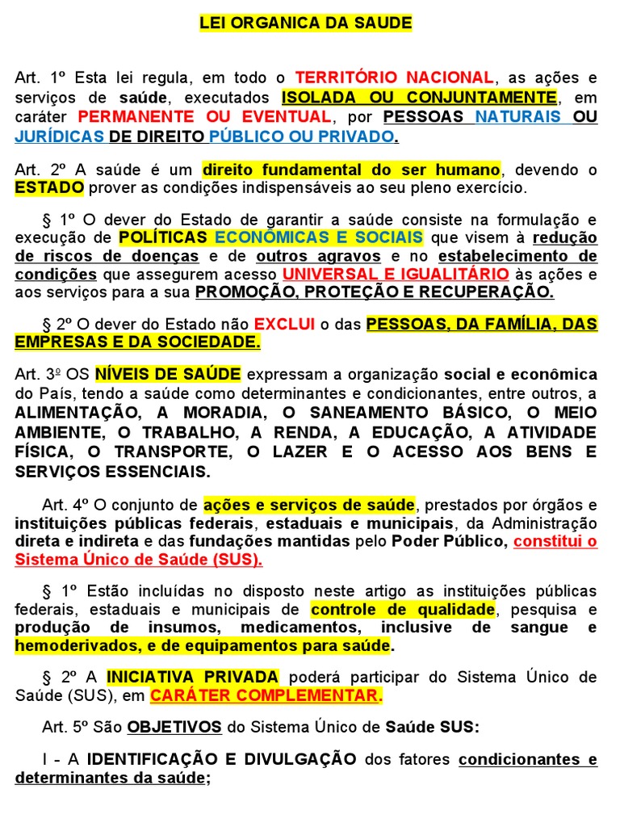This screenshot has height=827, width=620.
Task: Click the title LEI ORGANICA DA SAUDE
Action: tap(306, 23)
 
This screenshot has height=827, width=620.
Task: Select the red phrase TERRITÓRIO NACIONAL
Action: tap(395, 78)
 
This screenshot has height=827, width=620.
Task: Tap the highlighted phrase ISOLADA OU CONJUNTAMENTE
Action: tap(419, 97)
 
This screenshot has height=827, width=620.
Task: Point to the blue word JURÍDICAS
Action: tap(60, 136)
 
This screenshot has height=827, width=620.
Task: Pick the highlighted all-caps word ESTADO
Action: tap(49, 188)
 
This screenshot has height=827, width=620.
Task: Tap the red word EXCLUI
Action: tap(284, 324)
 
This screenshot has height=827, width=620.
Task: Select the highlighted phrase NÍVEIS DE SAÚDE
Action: tap(168, 375)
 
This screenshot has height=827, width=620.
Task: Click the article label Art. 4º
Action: tap(69, 505)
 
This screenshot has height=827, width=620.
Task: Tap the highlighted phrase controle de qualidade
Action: tap(403, 608)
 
